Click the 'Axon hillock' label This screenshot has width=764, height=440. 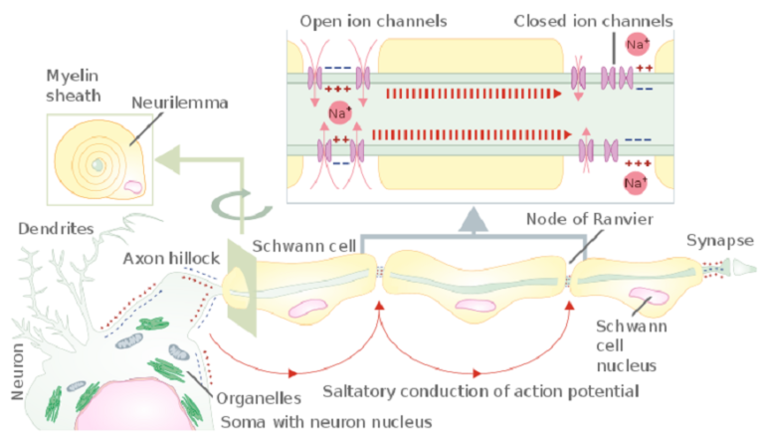click(172, 259)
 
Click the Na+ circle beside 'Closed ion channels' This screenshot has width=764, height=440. click(638, 44)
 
